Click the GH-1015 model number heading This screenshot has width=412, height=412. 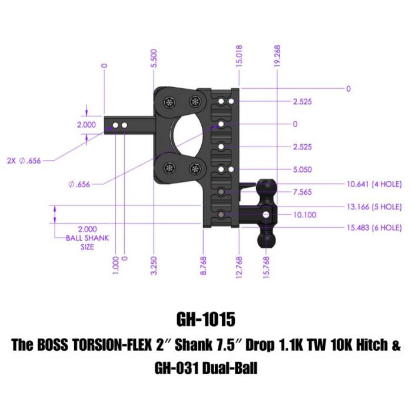pyautogui.click(x=205, y=320)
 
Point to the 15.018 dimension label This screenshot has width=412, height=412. pyautogui.click(x=239, y=56)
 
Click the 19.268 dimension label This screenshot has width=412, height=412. pyautogui.click(x=277, y=56)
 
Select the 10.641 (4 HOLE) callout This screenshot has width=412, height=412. pyautogui.click(x=374, y=184)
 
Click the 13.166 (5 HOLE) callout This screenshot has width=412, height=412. pyautogui.click(x=374, y=207)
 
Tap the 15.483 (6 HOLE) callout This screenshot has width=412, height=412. pyautogui.click(x=374, y=227)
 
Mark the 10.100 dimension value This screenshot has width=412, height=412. pyautogui.click(x=304, y=215)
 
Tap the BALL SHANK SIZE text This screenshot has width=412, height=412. pyautogui.click(x=87, y=238)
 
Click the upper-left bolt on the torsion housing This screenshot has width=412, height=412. pyautogui.click(x=170, y=102)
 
